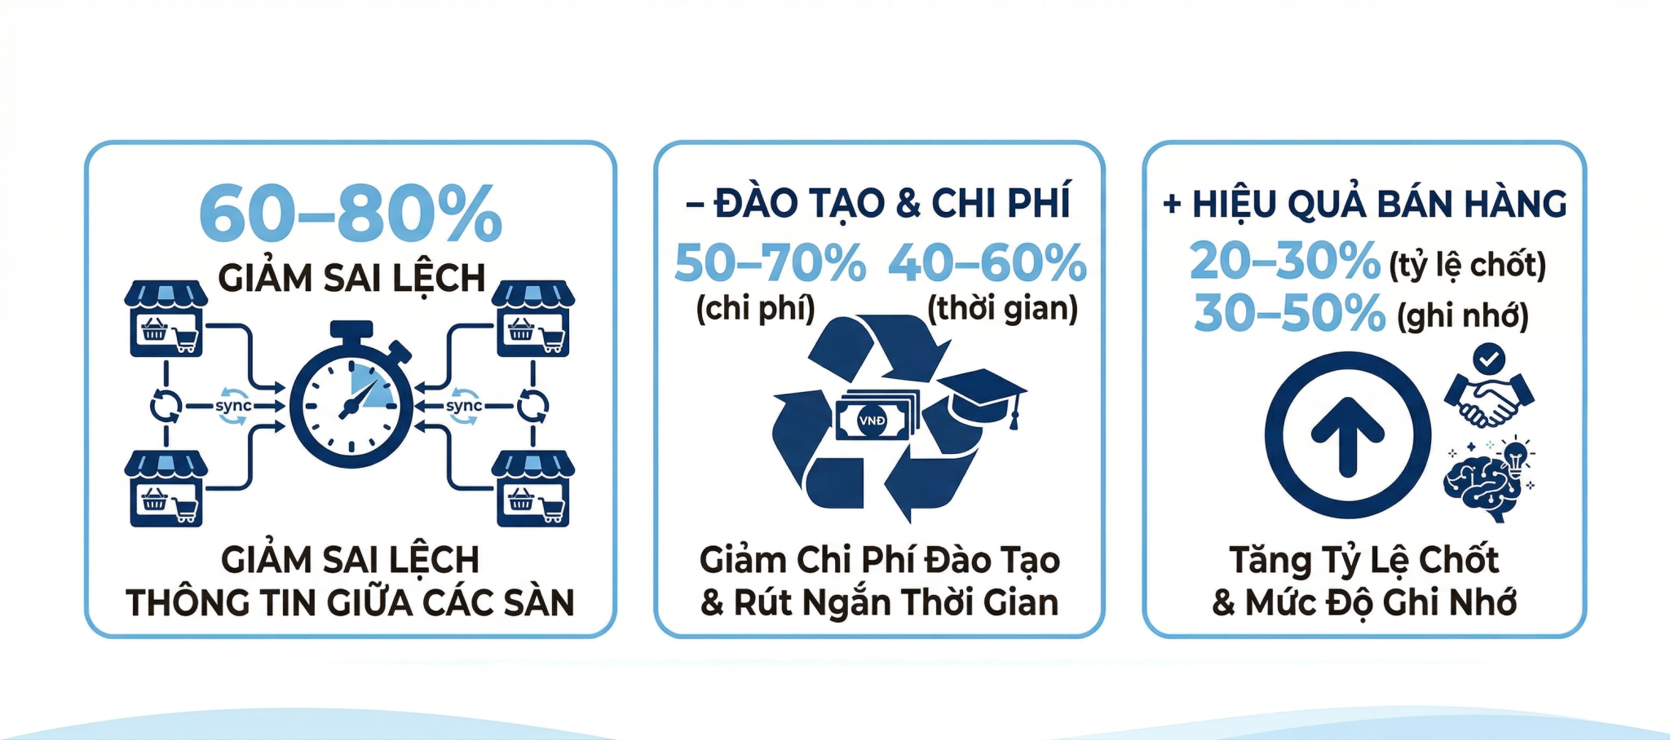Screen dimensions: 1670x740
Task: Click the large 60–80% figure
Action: coord(351,214)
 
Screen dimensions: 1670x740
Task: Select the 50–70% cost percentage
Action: coord(770,263)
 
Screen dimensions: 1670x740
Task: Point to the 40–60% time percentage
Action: coord(987,263)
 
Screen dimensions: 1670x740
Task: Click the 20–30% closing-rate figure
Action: coord(1284,262)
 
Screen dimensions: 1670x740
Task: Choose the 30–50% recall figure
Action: coord(1289,314)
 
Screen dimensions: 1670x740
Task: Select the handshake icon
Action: coord(1489,399)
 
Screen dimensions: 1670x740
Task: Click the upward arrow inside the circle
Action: coord(1347,436)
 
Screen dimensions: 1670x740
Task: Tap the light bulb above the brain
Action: coord(1515,457)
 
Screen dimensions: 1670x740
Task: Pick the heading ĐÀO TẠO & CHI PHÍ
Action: coord(877,204)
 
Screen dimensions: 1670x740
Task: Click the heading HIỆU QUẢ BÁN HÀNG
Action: coord(1364,204)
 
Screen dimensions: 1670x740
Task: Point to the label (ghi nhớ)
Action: coord(1463,317)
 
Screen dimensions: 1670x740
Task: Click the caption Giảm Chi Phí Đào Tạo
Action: coord(880,560)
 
